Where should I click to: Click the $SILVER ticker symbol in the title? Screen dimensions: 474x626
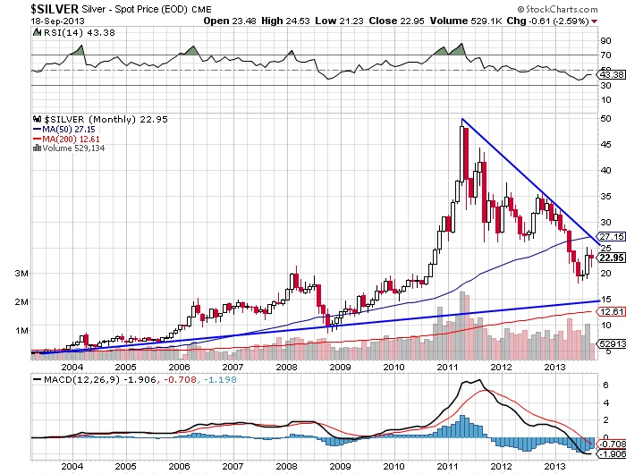[x=34, y=8]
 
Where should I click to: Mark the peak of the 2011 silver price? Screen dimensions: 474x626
[x=462, y=120]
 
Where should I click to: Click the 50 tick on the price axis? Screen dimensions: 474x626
[x=606, y=118]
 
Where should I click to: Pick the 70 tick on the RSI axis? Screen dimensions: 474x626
[x=606, y=55]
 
